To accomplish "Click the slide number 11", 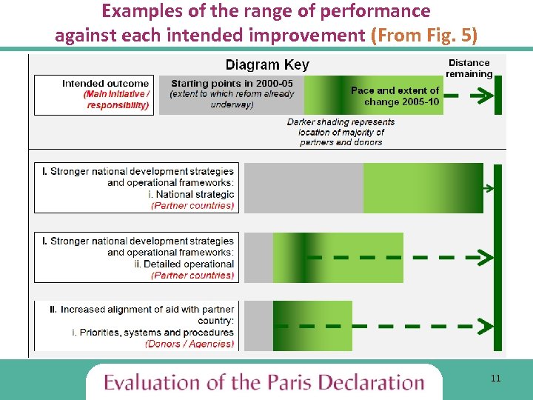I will pos(495,379).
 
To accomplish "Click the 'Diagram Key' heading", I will pos(267,65).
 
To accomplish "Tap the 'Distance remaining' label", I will pos(469,68).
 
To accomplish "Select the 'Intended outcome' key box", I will pos(93,95).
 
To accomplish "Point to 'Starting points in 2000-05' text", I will pos(232,84).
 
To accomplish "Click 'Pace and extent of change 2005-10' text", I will pos(395,96).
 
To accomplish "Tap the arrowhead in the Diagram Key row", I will pos(485,96).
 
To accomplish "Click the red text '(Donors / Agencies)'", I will pos(190,344).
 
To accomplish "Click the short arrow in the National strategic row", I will pos(487,189).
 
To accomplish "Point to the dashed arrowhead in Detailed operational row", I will pos(486,258).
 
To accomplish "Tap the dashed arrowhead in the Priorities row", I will pos(486,326).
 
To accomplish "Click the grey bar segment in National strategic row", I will pos(304,188).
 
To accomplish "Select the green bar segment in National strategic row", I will pos(423,188).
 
